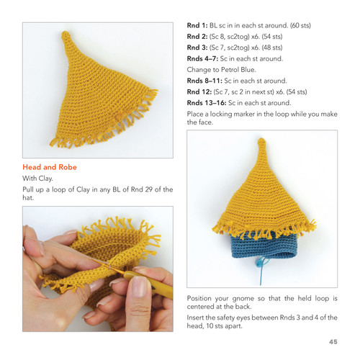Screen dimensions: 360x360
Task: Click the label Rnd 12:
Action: click(201, 91)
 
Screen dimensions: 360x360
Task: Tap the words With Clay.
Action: click(39, 178)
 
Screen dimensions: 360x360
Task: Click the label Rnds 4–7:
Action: click(204, 58)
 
